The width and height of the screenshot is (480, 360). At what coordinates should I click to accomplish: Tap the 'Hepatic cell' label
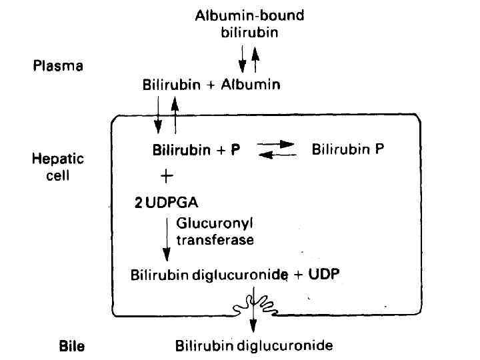coord(58,167)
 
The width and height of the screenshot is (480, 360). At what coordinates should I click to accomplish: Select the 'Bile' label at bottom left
coord(72,346)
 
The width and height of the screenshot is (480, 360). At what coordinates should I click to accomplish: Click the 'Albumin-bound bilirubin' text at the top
coord(249,23)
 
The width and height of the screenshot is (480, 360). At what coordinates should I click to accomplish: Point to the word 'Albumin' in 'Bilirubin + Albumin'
coord(252,85)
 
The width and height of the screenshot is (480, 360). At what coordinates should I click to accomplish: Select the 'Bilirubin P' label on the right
coord(347,149)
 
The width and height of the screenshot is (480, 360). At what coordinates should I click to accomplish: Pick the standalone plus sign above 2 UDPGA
coord(167,176)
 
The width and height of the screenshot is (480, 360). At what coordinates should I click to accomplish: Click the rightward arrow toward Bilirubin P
coord(277,144)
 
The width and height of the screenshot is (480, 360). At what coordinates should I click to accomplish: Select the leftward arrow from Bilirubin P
coord(277,155)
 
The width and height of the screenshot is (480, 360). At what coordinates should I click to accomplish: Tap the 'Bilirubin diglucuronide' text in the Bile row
coord(253,346)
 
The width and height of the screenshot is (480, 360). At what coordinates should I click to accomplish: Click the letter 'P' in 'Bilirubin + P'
coord(235,150)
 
